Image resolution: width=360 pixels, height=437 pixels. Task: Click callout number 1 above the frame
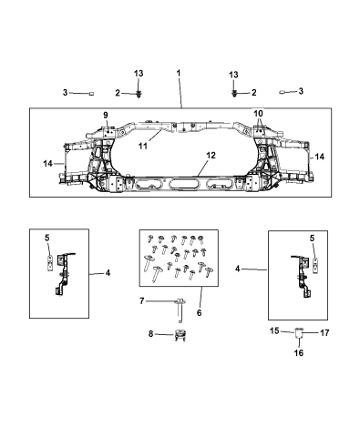click(x=179, y=73)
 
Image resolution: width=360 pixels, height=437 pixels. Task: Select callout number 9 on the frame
click(x=106, y=115)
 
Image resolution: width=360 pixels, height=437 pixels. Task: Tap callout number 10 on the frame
click(x=258, y=114)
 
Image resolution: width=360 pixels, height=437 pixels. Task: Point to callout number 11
click(x=143, y=146)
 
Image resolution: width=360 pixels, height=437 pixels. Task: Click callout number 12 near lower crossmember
click(x=211, y=156)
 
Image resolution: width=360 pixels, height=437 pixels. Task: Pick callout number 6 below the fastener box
click(x=199, y=312)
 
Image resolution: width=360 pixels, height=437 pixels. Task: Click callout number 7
click(x=141, y=301)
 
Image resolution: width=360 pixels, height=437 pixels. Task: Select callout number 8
click(x=150, y=334)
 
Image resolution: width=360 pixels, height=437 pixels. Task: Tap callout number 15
click(x=274, y=330)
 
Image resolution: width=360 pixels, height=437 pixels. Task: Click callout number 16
click(x=299, y=352)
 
